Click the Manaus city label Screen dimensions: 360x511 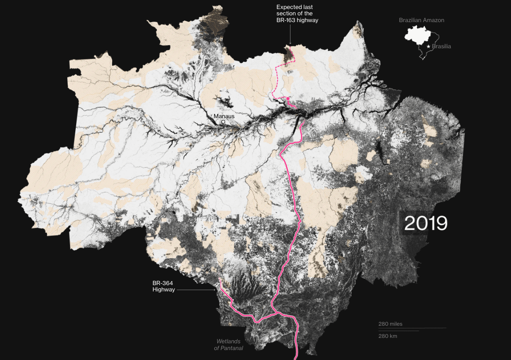click(224, 116)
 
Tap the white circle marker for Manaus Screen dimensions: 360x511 click(223, 122)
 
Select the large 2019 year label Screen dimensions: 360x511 click(425, 223)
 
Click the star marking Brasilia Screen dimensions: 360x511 click(428, 46)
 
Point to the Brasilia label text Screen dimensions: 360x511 click(442, 46)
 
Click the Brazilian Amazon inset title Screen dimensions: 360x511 click(421, 20)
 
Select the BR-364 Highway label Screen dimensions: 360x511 click(163, 286)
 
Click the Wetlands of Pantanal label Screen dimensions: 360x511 click(228, 345)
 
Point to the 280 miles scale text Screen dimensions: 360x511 click(391, 324)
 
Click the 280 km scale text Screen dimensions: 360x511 click(388, 336)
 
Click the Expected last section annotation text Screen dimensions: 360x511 click(297, 14)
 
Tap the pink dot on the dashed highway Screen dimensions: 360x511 click(288, 98)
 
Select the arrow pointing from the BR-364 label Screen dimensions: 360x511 click(197, 290)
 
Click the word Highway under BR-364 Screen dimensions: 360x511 click(163, 290)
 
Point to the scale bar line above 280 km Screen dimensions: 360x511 click(399, 331)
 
